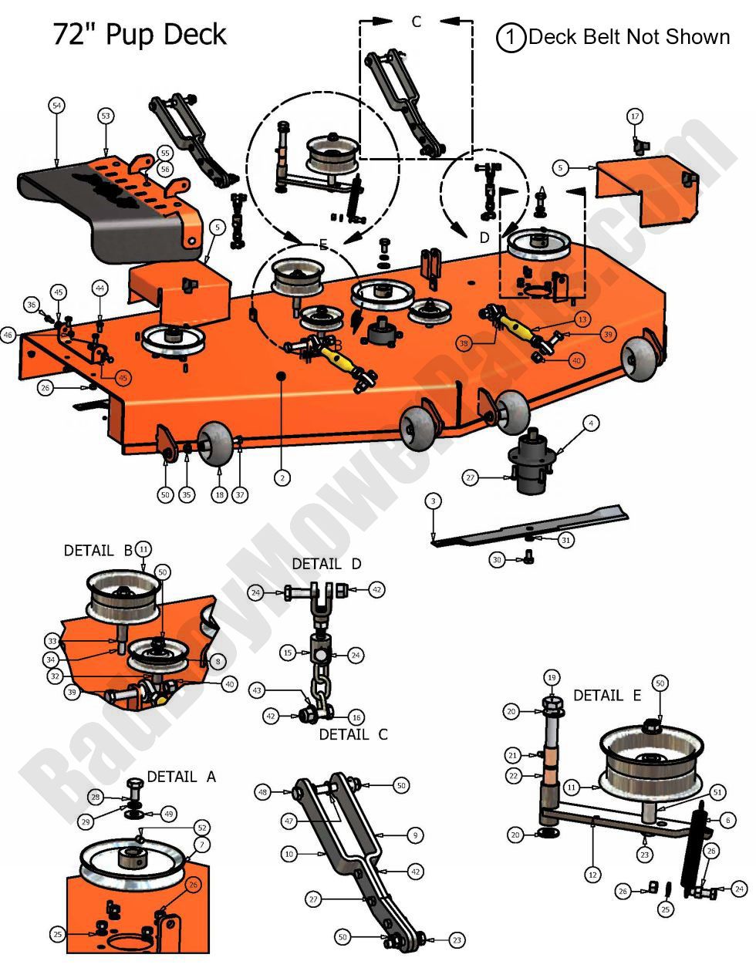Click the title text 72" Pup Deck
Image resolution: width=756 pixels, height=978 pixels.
(x=140, y=35)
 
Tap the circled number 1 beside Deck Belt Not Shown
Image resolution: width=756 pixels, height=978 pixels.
(x=511, y=37)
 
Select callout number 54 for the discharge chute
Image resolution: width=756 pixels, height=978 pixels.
(x=56, y=106)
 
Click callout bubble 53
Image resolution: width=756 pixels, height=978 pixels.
(x=106, y=115)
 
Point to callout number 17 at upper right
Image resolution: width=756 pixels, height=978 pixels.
(x=634, y=116)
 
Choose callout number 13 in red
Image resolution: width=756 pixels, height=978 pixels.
(x=581, y=319)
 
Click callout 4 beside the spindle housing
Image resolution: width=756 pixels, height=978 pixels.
(x=590, y=423)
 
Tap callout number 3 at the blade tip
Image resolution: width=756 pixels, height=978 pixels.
(x=434, y=501)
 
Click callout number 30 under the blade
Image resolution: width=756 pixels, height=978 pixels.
(x=497, y=559)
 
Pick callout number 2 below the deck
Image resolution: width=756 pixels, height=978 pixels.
(x=283, y=478)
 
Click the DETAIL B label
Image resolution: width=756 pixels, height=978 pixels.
(x=98, y=551)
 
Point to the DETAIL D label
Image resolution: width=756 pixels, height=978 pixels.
(x=326, y=565)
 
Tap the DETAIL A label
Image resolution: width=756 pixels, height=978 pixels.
(x=181, y=777)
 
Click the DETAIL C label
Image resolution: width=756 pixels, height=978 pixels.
(x=353, y=734)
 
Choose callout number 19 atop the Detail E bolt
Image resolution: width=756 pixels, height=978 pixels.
(x=551, y=677)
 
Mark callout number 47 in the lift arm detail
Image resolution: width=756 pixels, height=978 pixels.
(x=289, y=822)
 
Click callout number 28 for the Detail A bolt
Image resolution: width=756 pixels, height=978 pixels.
(x=96, y=797)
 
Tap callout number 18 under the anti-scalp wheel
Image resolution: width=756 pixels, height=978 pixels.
(x=220, y=495)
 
